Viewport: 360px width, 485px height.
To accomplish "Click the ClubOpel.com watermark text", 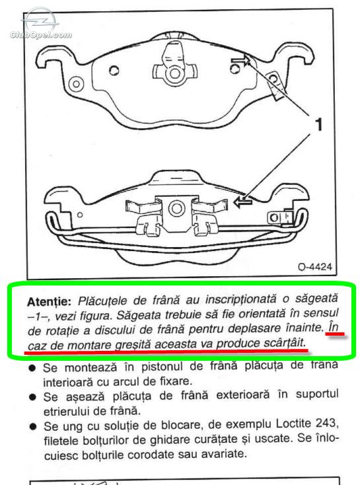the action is click(x=41, y=34).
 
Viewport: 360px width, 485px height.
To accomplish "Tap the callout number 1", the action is click(x=318, y=124).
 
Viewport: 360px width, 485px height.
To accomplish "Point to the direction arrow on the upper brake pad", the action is click(x=240, y=60).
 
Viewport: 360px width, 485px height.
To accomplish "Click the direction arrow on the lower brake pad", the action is click(x=243, y=203).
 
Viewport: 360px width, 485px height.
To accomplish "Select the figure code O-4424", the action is click(x=315, y=267).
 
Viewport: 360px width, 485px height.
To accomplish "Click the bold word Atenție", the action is click(x=49, y=301).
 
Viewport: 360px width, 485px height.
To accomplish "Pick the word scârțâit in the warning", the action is click(x=284, y=344).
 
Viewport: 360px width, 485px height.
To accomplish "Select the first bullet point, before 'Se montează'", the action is click(x=32, y=368).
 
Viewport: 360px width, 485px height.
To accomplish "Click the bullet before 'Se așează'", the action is click(x=32, y=397).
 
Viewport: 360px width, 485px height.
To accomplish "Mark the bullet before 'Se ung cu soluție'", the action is click(x=33, y=427).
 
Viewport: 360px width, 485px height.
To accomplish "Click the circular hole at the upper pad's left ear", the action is click(x=76, y=84).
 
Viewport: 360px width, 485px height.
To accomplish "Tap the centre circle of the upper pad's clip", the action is click(x=175, y=73).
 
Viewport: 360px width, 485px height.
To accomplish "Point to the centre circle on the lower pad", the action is click(x=176, y=209).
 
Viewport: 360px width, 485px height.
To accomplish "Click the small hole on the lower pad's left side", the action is click(x=80, y=215).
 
